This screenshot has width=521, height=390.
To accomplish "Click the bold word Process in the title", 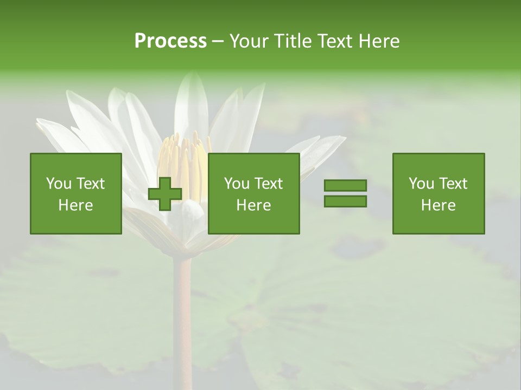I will pyautogui.click(x=170, y=41).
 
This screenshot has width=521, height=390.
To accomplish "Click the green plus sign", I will pyautogui.click(x=165, y=194).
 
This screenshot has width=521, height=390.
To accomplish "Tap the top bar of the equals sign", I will pyautogui.click(x=345, y=186).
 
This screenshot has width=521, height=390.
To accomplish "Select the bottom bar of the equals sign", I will pyautogui.click(x=345, y=201).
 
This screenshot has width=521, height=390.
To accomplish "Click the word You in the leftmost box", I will pyautogui.click(x=59, y=184).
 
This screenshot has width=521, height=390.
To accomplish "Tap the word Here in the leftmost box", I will pyautogui.click(x=75, y=205).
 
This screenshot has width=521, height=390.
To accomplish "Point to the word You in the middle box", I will pyautogui.click(x=237, y=184).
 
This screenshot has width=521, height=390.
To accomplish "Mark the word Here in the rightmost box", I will pyautogui.click(x=438, y=205).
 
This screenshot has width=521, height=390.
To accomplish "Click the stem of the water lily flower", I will pyautogui.click(x=182, y=314).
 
